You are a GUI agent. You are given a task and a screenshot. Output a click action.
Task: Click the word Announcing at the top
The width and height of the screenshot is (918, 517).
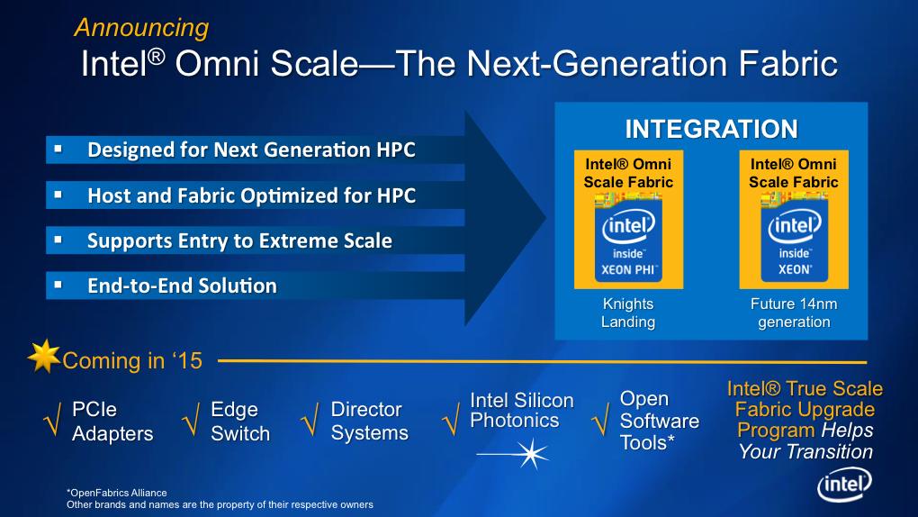point(141,28)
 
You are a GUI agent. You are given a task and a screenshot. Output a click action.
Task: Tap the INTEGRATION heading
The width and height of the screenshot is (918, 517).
point(711,129)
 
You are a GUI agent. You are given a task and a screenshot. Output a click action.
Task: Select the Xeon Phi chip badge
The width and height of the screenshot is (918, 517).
point(628,238)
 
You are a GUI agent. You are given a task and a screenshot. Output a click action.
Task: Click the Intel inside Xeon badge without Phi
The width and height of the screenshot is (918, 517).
point(794,238)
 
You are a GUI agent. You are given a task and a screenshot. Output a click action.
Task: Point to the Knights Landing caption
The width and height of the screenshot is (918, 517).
point(628,313)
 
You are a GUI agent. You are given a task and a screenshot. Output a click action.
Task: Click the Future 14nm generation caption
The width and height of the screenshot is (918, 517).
point(794,313)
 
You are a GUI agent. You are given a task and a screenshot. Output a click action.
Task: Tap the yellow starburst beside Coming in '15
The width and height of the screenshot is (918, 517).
point(44,356)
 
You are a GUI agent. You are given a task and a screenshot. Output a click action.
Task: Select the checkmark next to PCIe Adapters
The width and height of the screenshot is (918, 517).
point(53,419)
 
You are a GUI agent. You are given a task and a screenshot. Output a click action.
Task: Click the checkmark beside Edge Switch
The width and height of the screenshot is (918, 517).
point(191,419)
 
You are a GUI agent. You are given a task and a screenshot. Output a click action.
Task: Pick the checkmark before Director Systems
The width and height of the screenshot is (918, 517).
point(310,419)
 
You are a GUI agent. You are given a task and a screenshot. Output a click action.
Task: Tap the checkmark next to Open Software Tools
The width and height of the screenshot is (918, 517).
point(600,419)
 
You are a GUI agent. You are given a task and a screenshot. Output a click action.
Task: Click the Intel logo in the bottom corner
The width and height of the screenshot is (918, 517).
point(844,485)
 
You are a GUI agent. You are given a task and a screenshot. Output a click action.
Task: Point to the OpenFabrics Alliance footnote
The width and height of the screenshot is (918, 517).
point(117,493)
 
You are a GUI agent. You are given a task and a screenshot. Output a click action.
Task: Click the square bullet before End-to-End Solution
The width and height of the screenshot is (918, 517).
point(58,285)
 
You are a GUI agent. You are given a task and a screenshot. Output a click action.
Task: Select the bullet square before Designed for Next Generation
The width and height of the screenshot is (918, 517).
point(58,149)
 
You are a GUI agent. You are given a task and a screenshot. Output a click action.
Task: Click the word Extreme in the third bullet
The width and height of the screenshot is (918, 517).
point(304,240)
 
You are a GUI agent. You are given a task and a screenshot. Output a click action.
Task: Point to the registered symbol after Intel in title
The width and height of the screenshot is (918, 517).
point(156,56)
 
